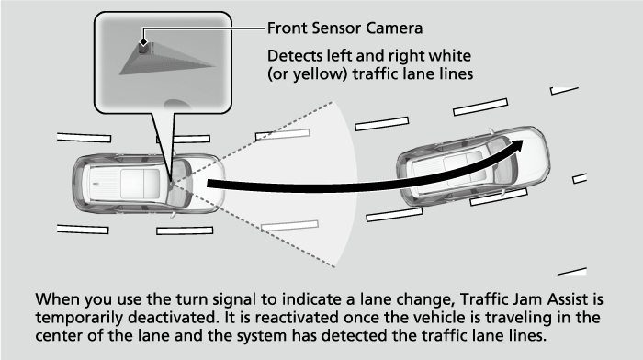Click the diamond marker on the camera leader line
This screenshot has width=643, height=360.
(143, 42)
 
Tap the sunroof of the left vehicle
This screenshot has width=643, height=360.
(140, 183)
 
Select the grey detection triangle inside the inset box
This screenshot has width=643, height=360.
(164, 61)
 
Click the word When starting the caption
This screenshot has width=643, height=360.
(57, 299)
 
